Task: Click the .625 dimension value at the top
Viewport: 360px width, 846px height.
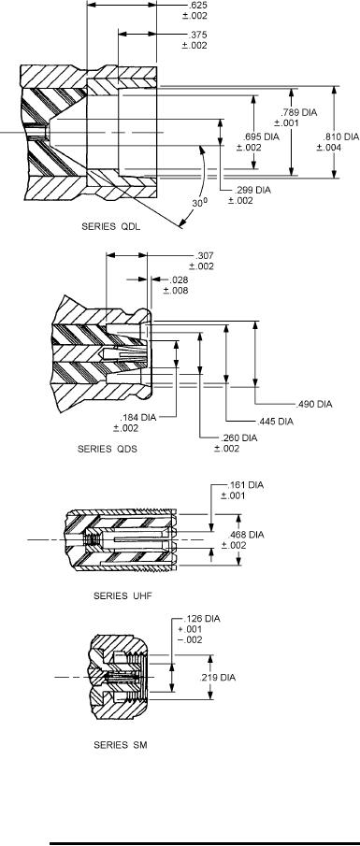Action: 194,6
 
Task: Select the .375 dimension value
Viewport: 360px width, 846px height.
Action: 194,36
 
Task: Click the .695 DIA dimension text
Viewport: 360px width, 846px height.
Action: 261,137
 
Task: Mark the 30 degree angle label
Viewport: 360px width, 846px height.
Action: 199,204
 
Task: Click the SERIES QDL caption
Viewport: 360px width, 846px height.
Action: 110,226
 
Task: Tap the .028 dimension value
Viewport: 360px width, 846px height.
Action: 178,280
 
